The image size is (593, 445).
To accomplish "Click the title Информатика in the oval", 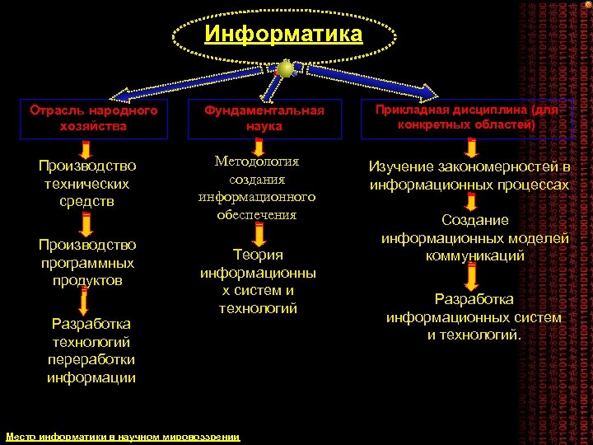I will (x=283, y=34).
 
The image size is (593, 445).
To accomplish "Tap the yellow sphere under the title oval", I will (x=285, y=69).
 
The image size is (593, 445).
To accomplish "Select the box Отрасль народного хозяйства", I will (x=93, y=118).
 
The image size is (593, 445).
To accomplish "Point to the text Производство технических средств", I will (x=87, y=184).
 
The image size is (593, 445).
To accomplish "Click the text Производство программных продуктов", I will (x=87, y=262).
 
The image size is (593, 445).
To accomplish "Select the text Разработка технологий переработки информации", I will (x=91, y=350).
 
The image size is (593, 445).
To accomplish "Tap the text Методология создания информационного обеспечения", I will (x=257, y=188).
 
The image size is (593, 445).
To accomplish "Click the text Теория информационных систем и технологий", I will (x=258, y=281).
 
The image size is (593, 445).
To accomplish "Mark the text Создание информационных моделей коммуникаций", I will (x=475, y=238).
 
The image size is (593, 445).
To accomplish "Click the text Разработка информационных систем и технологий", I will (x=474, y=316).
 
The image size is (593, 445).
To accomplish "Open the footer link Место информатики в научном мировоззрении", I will (x=123, y=437).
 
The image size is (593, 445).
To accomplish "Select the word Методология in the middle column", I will (x=257, y=161).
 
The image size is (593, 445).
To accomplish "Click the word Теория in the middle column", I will (x=258, y=255).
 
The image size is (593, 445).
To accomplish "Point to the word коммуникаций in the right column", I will (x=475, y=256).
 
